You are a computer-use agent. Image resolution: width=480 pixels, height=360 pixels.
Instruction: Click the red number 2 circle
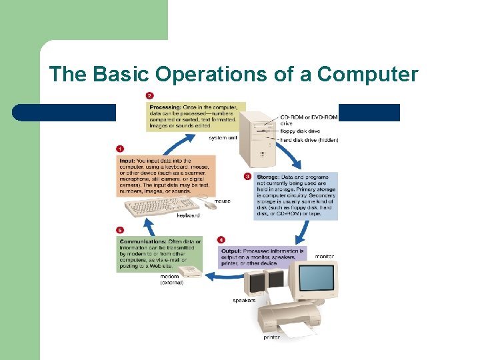150,95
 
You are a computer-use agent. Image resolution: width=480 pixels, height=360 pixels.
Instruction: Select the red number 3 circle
248,176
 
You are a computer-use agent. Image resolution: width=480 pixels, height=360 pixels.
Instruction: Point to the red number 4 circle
221,240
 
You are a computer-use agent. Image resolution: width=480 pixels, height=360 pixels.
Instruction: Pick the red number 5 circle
121,229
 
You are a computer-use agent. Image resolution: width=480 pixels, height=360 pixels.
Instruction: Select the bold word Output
231,251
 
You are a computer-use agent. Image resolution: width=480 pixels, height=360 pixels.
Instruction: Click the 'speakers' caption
244,301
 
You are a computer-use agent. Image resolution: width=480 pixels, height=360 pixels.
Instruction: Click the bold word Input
128,161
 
